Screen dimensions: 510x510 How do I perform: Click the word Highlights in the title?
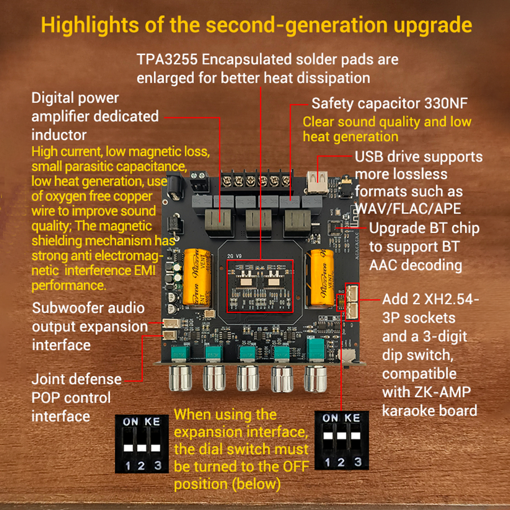pos(90,25)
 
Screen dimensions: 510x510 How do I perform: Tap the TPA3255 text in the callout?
pos(167,59)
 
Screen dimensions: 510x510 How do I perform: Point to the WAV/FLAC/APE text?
pos(408,209)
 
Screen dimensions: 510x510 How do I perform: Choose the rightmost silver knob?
pos(315,379)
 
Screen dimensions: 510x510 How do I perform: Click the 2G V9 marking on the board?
pos(234,256)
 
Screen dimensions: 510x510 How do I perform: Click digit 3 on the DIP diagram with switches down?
pos(158,465)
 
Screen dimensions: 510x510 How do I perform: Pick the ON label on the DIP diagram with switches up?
pos(330,418)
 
